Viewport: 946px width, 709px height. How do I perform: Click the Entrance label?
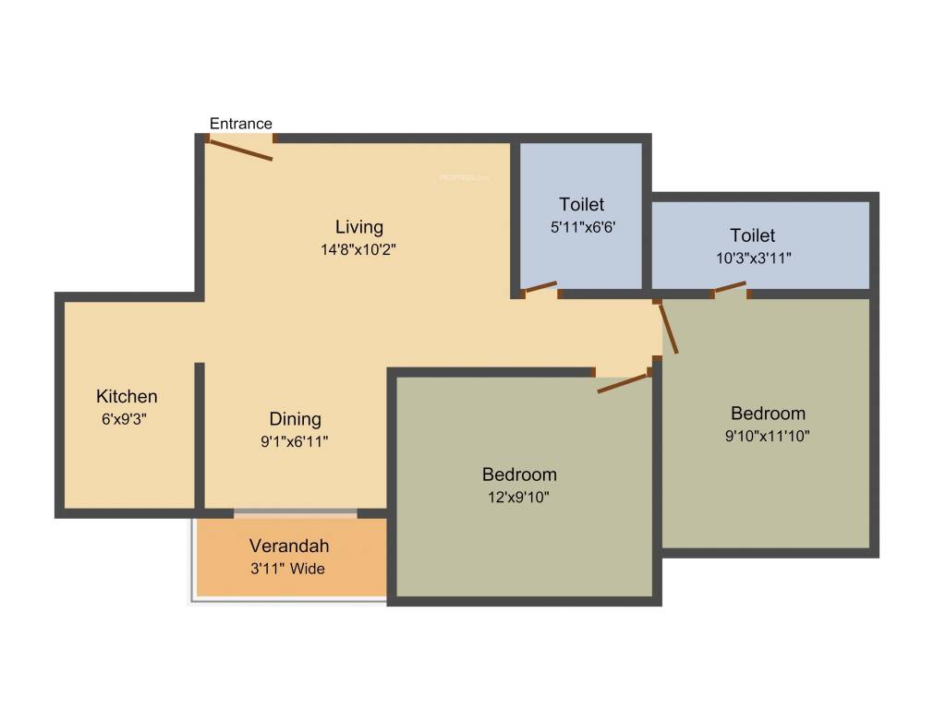[241, 124]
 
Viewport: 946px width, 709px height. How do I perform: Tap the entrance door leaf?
[241, 150]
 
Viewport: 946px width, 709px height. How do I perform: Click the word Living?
[358, 227]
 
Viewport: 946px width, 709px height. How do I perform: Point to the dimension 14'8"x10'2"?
[358, 249]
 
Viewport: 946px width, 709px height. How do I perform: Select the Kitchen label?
[127, 397]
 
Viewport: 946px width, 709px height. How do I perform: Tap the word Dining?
[296, 419]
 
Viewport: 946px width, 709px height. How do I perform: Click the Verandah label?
[289, 547]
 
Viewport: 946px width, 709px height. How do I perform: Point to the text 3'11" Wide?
[288, 569]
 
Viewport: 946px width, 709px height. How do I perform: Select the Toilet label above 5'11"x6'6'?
[582, 204]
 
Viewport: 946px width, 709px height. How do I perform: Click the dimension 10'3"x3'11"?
[753, 258]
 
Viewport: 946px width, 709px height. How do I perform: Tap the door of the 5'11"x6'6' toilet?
[540, 288]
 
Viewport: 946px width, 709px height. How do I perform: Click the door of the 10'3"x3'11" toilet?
[730, 288]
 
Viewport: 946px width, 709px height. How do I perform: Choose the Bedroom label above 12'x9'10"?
[519, 475]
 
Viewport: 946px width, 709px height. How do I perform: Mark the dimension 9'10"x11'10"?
[768, 436]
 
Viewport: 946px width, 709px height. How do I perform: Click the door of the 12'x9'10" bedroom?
[624, 383]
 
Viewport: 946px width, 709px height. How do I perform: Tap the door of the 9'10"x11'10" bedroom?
[669, 328]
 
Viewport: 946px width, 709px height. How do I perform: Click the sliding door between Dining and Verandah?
[295, 512]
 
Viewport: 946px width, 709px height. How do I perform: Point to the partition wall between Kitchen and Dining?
[199, 434]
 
